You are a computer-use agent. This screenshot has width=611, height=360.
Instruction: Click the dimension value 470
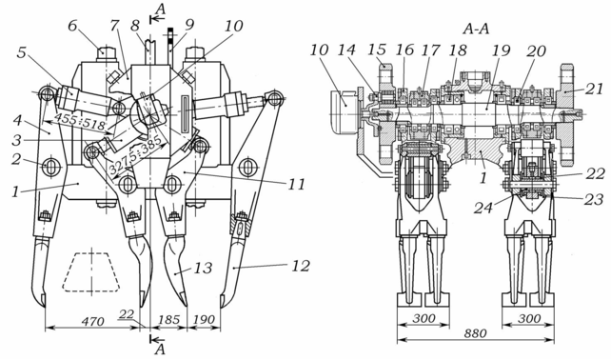pos(92,321)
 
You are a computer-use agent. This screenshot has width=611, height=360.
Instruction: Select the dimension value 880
pos(475,333)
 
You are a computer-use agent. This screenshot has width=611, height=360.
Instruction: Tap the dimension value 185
pos(168,320)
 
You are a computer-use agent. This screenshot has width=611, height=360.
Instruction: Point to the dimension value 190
pos(204,320)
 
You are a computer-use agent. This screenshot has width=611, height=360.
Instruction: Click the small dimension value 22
pos(127,314)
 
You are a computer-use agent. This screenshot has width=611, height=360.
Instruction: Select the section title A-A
pos(476,29)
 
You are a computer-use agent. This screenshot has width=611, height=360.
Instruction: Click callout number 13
pos(204,268)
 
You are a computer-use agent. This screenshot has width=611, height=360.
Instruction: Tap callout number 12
pos(301,266)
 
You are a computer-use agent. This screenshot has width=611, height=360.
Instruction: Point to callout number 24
pos(483,207)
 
